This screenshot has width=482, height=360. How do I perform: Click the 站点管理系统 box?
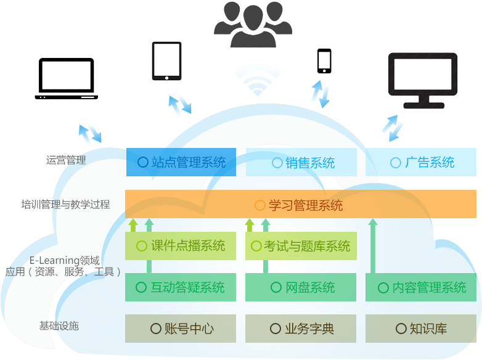click(181, 162)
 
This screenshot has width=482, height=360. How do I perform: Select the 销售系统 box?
click(301, 163)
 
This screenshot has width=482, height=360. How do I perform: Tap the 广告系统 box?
click(421, 163)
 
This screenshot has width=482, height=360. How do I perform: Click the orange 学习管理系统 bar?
click(300, 205)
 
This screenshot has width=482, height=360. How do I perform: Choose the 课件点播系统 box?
click(181, 246)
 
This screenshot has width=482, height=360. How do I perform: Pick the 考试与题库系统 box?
click(301, 246)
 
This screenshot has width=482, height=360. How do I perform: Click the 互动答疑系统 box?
click(181, 287)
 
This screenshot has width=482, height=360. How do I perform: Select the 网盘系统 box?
click(301, 287)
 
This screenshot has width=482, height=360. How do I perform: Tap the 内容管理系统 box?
click(421, 287)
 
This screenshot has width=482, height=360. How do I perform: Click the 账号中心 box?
click(181, 329)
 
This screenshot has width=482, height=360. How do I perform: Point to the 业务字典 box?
click(301, 329)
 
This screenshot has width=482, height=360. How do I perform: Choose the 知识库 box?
click(421, 329)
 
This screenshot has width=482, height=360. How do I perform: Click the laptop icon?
click(66, 79)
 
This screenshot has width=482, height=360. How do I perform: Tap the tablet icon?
click(166, 61)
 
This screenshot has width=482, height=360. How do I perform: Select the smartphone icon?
click(324, 61)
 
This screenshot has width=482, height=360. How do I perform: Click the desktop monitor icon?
click(422, 80)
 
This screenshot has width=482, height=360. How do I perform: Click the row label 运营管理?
click(66, 160)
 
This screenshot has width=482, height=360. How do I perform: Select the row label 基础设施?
click(59, 325)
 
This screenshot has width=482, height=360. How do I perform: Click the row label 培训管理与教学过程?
click(65, 204)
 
